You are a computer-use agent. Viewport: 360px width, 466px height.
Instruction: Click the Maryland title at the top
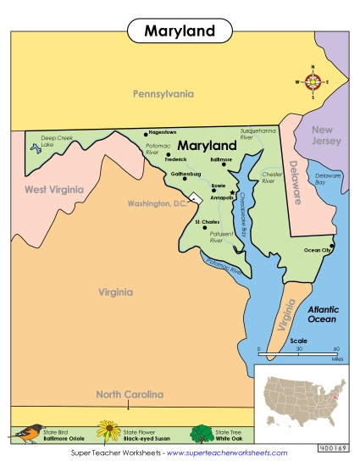(x=179, y=31)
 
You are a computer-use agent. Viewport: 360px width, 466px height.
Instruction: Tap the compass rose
(x=313, y=82)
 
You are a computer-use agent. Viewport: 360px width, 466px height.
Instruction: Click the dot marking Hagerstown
(x=145, y=133)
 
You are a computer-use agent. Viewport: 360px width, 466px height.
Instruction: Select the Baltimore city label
(x=220, y=158)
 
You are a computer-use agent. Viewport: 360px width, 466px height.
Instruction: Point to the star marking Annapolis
(x=232, y=192)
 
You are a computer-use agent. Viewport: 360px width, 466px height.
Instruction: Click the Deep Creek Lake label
(x=58, y=141)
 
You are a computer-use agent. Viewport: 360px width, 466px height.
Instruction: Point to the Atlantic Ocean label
(x=322, y=315)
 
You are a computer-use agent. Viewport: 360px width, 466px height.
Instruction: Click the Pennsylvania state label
(x=163, y=94)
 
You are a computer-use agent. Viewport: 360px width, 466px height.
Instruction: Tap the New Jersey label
(x=326, y=136)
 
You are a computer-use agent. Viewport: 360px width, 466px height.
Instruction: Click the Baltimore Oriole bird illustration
(x=27, y=433)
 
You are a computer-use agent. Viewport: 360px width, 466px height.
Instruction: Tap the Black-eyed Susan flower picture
(x=107, y=432)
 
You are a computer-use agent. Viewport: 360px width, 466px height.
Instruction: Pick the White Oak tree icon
(x=203, y=433)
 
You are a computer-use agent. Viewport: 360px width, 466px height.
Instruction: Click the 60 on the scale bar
(x=336, y=347)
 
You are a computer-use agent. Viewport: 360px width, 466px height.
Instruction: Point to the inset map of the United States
(x=302, y=396)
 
